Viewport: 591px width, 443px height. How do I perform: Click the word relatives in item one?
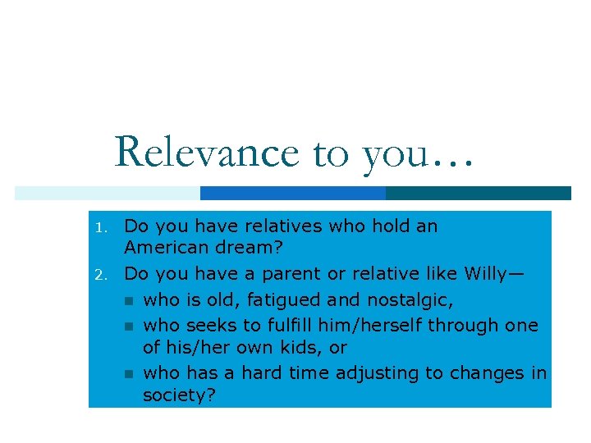273,226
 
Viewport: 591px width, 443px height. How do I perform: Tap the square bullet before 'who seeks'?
128,327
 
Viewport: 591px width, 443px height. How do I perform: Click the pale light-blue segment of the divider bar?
107,193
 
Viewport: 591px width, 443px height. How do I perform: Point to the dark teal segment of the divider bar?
478,193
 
